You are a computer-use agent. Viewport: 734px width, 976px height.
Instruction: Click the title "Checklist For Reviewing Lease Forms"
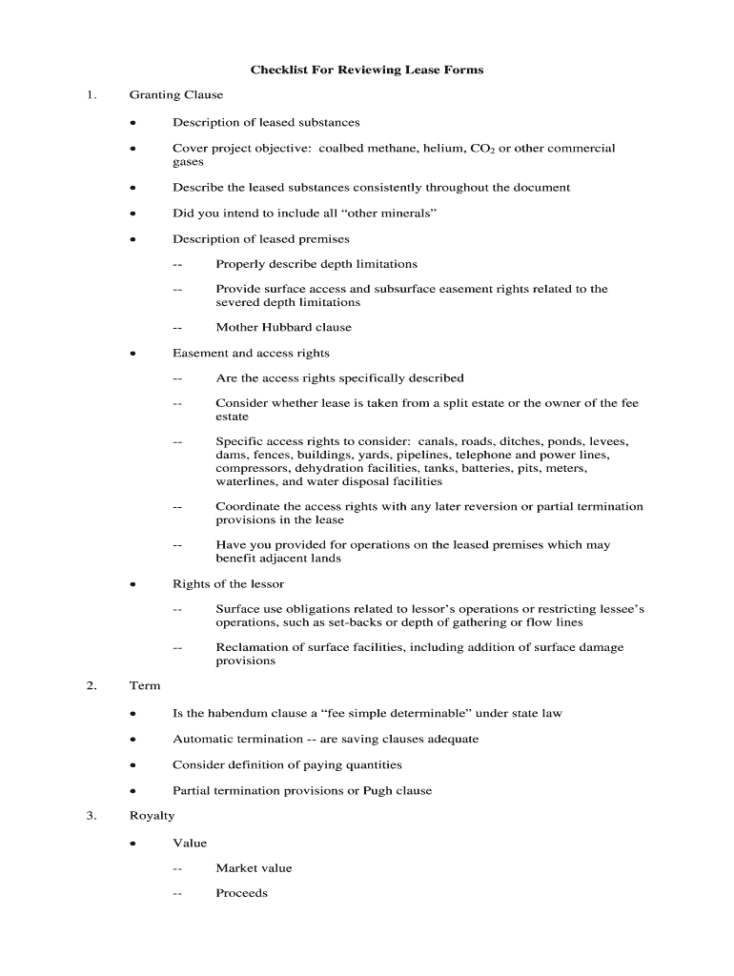[x=367, y=70]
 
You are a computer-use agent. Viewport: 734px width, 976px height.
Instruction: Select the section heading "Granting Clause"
[x=176, y=95]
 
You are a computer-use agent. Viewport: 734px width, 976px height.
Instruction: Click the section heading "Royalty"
[x=153, y=817]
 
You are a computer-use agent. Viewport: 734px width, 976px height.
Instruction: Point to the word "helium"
[x=440, y=149]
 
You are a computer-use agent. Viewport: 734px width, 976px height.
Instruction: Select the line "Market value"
[x=254, y=868]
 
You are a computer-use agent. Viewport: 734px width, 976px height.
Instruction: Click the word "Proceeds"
[x=241, y=894]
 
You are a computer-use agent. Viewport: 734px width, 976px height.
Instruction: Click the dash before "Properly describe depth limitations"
[x=177, y=264]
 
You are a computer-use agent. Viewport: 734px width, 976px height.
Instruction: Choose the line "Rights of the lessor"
[x=228, y=584]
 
